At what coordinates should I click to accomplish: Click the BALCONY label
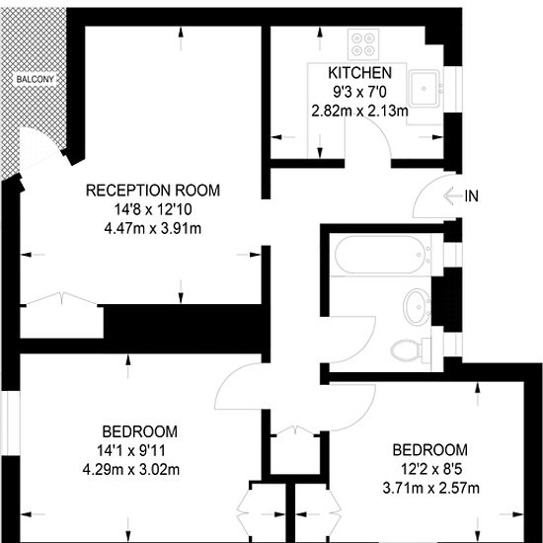[36, 79]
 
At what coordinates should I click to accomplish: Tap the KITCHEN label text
[359, 73]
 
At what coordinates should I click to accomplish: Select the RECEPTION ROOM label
[153, 191]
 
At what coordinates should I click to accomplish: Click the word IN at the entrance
[471, 196]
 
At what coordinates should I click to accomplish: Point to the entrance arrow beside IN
[452, 196]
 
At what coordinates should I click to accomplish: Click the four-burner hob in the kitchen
[363, 44]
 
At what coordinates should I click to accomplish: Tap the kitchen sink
[425, 88]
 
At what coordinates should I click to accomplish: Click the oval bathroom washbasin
[417, 307]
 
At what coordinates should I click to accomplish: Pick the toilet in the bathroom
[411, 349]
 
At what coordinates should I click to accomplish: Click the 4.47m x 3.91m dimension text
[153, 229]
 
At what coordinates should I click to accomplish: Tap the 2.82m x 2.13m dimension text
[359, 112]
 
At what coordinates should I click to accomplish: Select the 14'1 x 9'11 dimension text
[131, 451]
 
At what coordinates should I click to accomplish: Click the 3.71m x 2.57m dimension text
[431, 489]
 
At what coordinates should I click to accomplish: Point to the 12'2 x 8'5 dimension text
[431, 470]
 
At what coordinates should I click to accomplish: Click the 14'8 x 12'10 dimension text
[153, 209]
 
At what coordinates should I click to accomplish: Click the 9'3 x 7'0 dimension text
[359, 92]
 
